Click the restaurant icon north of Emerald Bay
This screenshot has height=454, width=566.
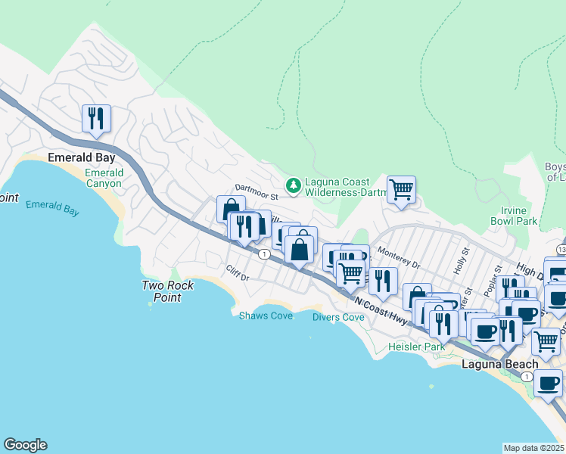click(96, 119)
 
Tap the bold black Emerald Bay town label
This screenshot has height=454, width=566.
click(81, 158)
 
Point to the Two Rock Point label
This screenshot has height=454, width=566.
click(168, 291)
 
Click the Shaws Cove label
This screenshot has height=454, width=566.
click(266, 316)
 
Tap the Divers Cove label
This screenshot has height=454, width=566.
click(338, 317)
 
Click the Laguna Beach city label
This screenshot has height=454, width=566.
click(499, 364)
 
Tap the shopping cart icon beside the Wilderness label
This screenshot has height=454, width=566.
click(401, 190)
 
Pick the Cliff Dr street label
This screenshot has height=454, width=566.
click(237, 272)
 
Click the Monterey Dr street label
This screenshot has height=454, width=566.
click(398, 260)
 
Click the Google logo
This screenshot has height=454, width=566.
click(25, 445)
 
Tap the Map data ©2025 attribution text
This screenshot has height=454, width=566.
click(533, 448)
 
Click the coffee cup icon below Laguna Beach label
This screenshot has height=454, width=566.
click(548, 383)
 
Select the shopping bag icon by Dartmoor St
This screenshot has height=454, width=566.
click(231, 209)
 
